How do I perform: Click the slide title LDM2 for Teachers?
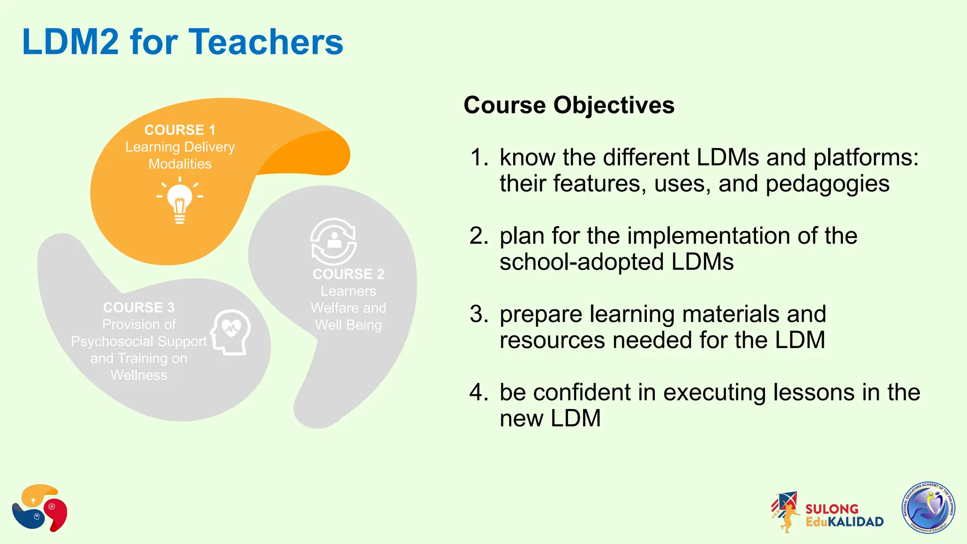182,42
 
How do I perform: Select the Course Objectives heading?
569,105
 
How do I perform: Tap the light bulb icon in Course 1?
180,200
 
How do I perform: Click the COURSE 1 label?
180,130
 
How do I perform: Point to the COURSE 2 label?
348,274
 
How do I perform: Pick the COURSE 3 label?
139,307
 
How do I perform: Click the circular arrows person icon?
334,241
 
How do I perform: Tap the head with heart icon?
231,332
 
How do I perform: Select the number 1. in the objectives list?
479,157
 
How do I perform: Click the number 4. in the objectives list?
479,392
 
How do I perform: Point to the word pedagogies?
827,184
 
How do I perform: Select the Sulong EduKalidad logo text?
844,515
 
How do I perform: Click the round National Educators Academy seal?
928,508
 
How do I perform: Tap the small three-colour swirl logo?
40,508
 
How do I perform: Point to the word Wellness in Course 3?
139,375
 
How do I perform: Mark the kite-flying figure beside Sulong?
786,512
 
